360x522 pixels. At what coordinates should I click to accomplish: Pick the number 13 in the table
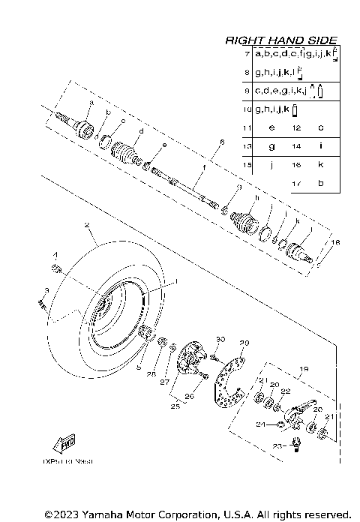point(247,146)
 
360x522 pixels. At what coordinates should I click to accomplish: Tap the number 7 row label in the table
point(247,55)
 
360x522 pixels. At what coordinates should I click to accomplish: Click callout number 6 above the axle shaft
point(222,142)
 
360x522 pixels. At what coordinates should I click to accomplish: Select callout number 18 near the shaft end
point(335,243)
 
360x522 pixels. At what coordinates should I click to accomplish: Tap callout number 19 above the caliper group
point(304,369)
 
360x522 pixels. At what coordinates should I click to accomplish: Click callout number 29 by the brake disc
point(243,343)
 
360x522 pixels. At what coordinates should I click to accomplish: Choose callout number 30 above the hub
point(220,340)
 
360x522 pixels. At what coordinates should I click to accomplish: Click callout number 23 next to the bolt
point(276,446)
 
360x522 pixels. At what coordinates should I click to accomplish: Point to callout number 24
point(259,424)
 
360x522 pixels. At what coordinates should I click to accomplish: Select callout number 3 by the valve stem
point(46,290)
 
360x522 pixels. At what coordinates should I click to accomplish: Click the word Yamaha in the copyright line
point(92,514)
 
